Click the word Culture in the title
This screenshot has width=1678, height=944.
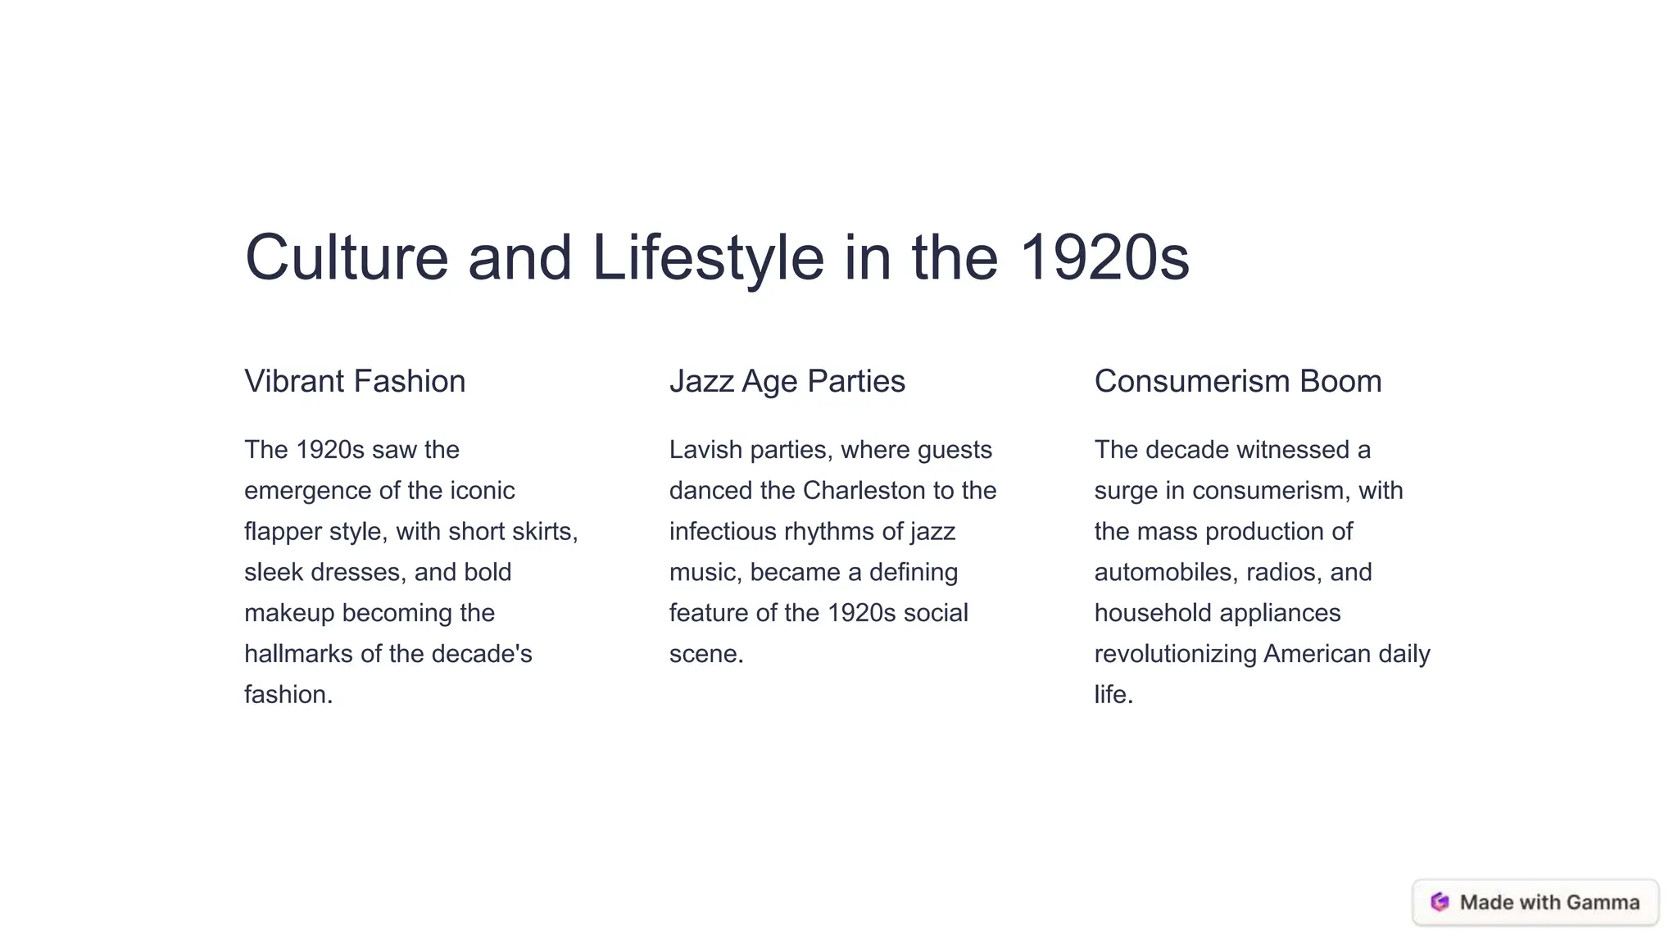[347, 257]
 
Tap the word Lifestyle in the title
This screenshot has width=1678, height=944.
[707, 257]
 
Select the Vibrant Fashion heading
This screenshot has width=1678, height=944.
[355, 381]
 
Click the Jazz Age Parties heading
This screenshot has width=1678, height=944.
[787, 381]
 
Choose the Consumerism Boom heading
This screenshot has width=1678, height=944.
[1237, 381]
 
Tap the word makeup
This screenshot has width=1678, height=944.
[289, 613]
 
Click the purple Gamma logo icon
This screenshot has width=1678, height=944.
[1440, 902]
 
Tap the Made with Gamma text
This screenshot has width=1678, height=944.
[1549, 902]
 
